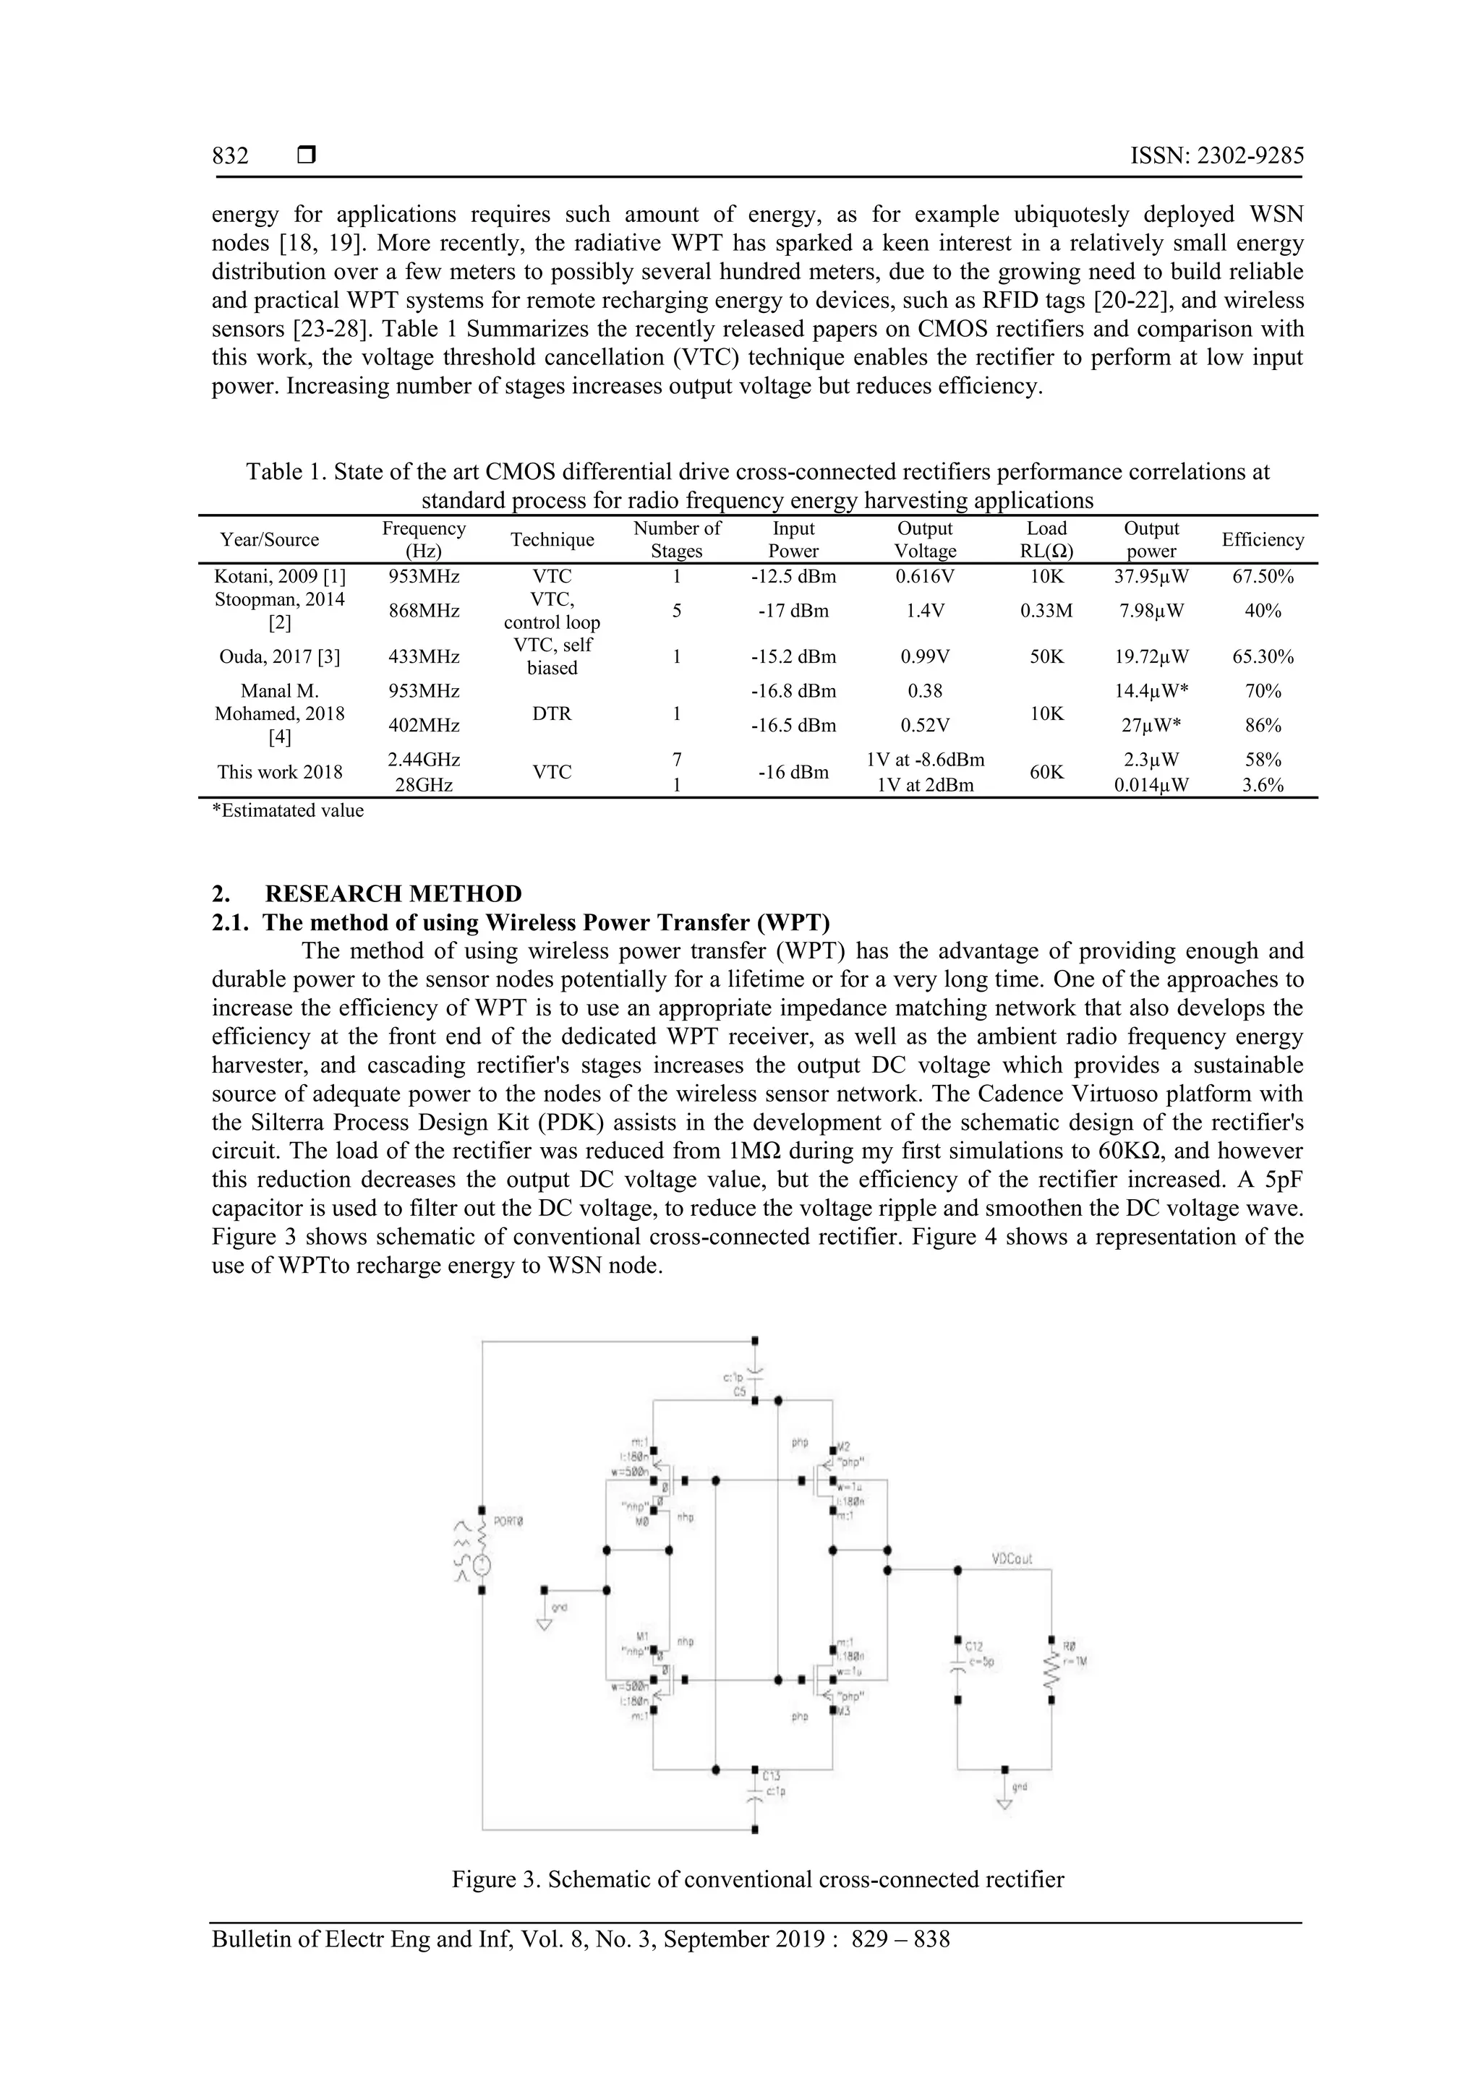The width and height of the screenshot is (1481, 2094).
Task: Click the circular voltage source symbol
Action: pos(482,1565)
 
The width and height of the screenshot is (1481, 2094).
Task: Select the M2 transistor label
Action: pos(843,1446)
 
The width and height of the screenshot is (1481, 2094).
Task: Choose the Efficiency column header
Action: pos(1262,540)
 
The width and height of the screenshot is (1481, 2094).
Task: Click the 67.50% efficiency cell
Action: pos(1262,576)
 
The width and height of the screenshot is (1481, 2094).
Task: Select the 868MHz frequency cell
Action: pos(424,611)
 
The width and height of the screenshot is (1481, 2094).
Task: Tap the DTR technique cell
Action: pos(552,713)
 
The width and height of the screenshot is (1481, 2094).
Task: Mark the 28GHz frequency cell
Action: pos(424,784)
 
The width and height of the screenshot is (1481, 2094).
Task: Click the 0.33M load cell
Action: pos(1046,611)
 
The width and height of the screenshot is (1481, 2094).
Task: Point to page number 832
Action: pos(230,156)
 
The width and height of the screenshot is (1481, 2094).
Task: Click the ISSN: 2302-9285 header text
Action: pos(1216,156)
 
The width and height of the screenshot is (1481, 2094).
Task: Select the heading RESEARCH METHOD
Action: pos(393,894)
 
